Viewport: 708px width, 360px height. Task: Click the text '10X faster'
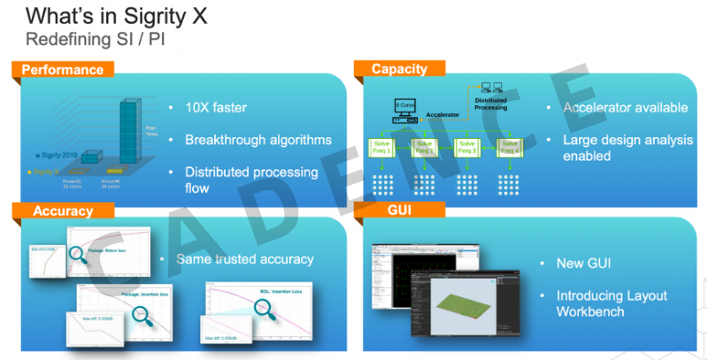216,109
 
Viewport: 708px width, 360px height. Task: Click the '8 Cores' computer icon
404,107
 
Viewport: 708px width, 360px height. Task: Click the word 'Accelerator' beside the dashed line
442,114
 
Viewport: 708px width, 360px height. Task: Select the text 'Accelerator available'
625,108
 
